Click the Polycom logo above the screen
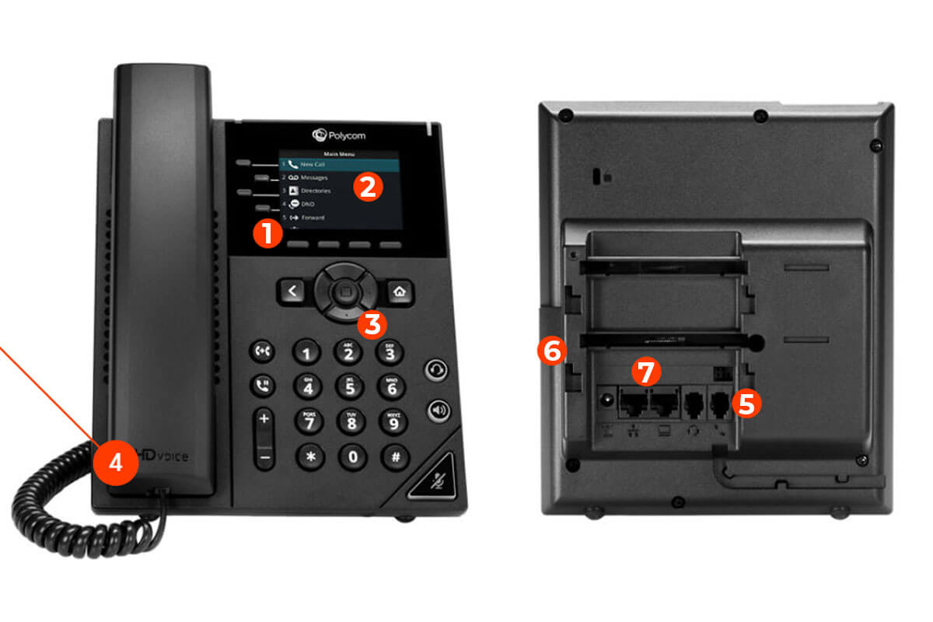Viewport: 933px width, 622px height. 338,135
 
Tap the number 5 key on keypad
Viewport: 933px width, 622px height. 350,385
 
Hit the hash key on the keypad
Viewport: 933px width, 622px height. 395,456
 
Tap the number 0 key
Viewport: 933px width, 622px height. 352,456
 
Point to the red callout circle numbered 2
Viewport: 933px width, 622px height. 367,187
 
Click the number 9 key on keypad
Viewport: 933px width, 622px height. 393,421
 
